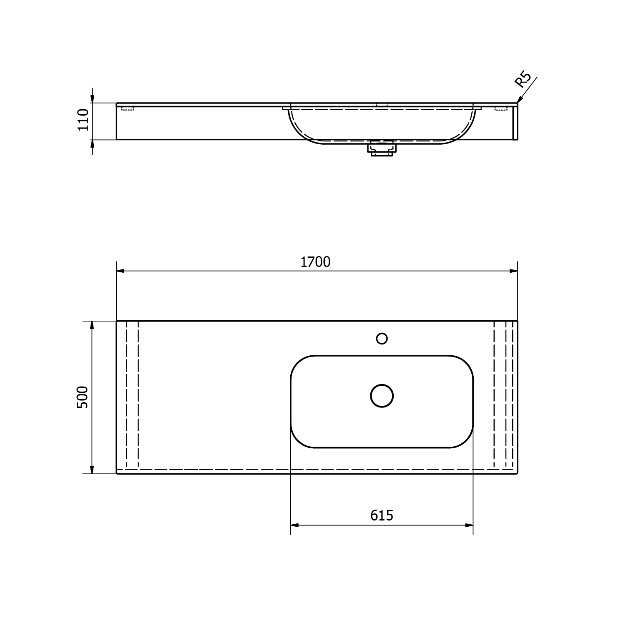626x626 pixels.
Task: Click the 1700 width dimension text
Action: point(315,262)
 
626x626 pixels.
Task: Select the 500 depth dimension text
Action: point(83,397)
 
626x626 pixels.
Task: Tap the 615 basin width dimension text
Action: point(382,516)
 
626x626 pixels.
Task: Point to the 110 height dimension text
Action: point(83,119)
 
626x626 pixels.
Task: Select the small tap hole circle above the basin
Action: point(382,338)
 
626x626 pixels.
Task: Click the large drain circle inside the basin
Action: point(382,396)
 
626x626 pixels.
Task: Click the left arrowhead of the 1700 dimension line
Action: point(121,271)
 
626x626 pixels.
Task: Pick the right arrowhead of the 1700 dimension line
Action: point(513,271)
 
